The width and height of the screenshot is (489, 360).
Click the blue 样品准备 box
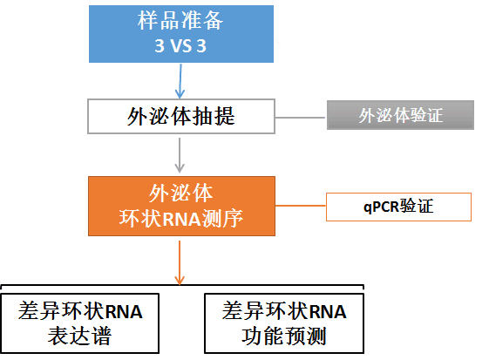[x=181, y=34]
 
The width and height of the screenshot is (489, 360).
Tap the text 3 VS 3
[x=180, y=46]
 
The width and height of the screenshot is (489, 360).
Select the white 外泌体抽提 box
[x=181, y=116]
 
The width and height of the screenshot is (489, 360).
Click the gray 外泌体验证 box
[x=400, y=115]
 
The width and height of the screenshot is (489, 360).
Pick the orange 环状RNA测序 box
[x=181, y=207]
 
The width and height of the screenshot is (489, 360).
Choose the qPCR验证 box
[x=398, y=207]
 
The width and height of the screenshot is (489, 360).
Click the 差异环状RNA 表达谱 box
[x=80, y=323]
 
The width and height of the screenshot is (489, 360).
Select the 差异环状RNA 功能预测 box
[x=284, y=323]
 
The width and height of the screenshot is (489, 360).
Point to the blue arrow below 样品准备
[x=180, y=81]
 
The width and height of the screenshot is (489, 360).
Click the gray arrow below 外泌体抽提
[x=180, y=155]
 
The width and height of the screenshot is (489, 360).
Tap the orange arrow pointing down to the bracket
[x=180, y=262]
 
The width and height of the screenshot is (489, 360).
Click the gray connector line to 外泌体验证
[x=301, y=118]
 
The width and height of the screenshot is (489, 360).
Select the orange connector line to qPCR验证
[x=301, y=206]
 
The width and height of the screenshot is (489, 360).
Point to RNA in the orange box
[x=181, y=219]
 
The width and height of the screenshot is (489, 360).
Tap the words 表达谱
[x=79, y=336]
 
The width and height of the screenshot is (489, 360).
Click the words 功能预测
[x=284, y=336]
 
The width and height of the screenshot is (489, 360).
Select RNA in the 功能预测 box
[x=328, y=312]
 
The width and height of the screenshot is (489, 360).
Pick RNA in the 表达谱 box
[x=124, y=312]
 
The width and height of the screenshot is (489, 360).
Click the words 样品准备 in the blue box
[x=180, y=21]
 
